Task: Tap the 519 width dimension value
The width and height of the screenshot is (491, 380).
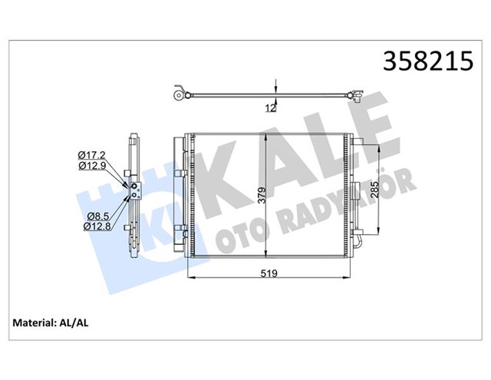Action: [267, 272]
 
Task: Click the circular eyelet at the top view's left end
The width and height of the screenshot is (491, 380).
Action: [178, 96]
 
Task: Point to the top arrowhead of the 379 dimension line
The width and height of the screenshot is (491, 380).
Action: [265, 136]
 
